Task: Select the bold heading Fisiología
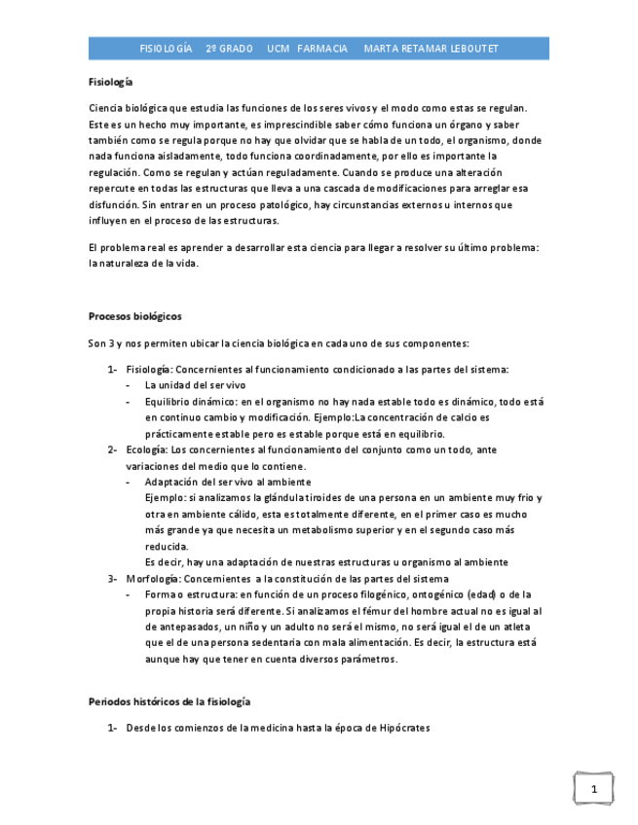coord(111,83)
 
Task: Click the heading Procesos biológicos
coord(134,316)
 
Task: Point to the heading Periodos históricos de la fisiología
coord(169,701)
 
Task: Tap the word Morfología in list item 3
coord(151,578)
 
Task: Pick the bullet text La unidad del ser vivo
coord(196,385)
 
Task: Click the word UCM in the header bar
coord(280,48)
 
